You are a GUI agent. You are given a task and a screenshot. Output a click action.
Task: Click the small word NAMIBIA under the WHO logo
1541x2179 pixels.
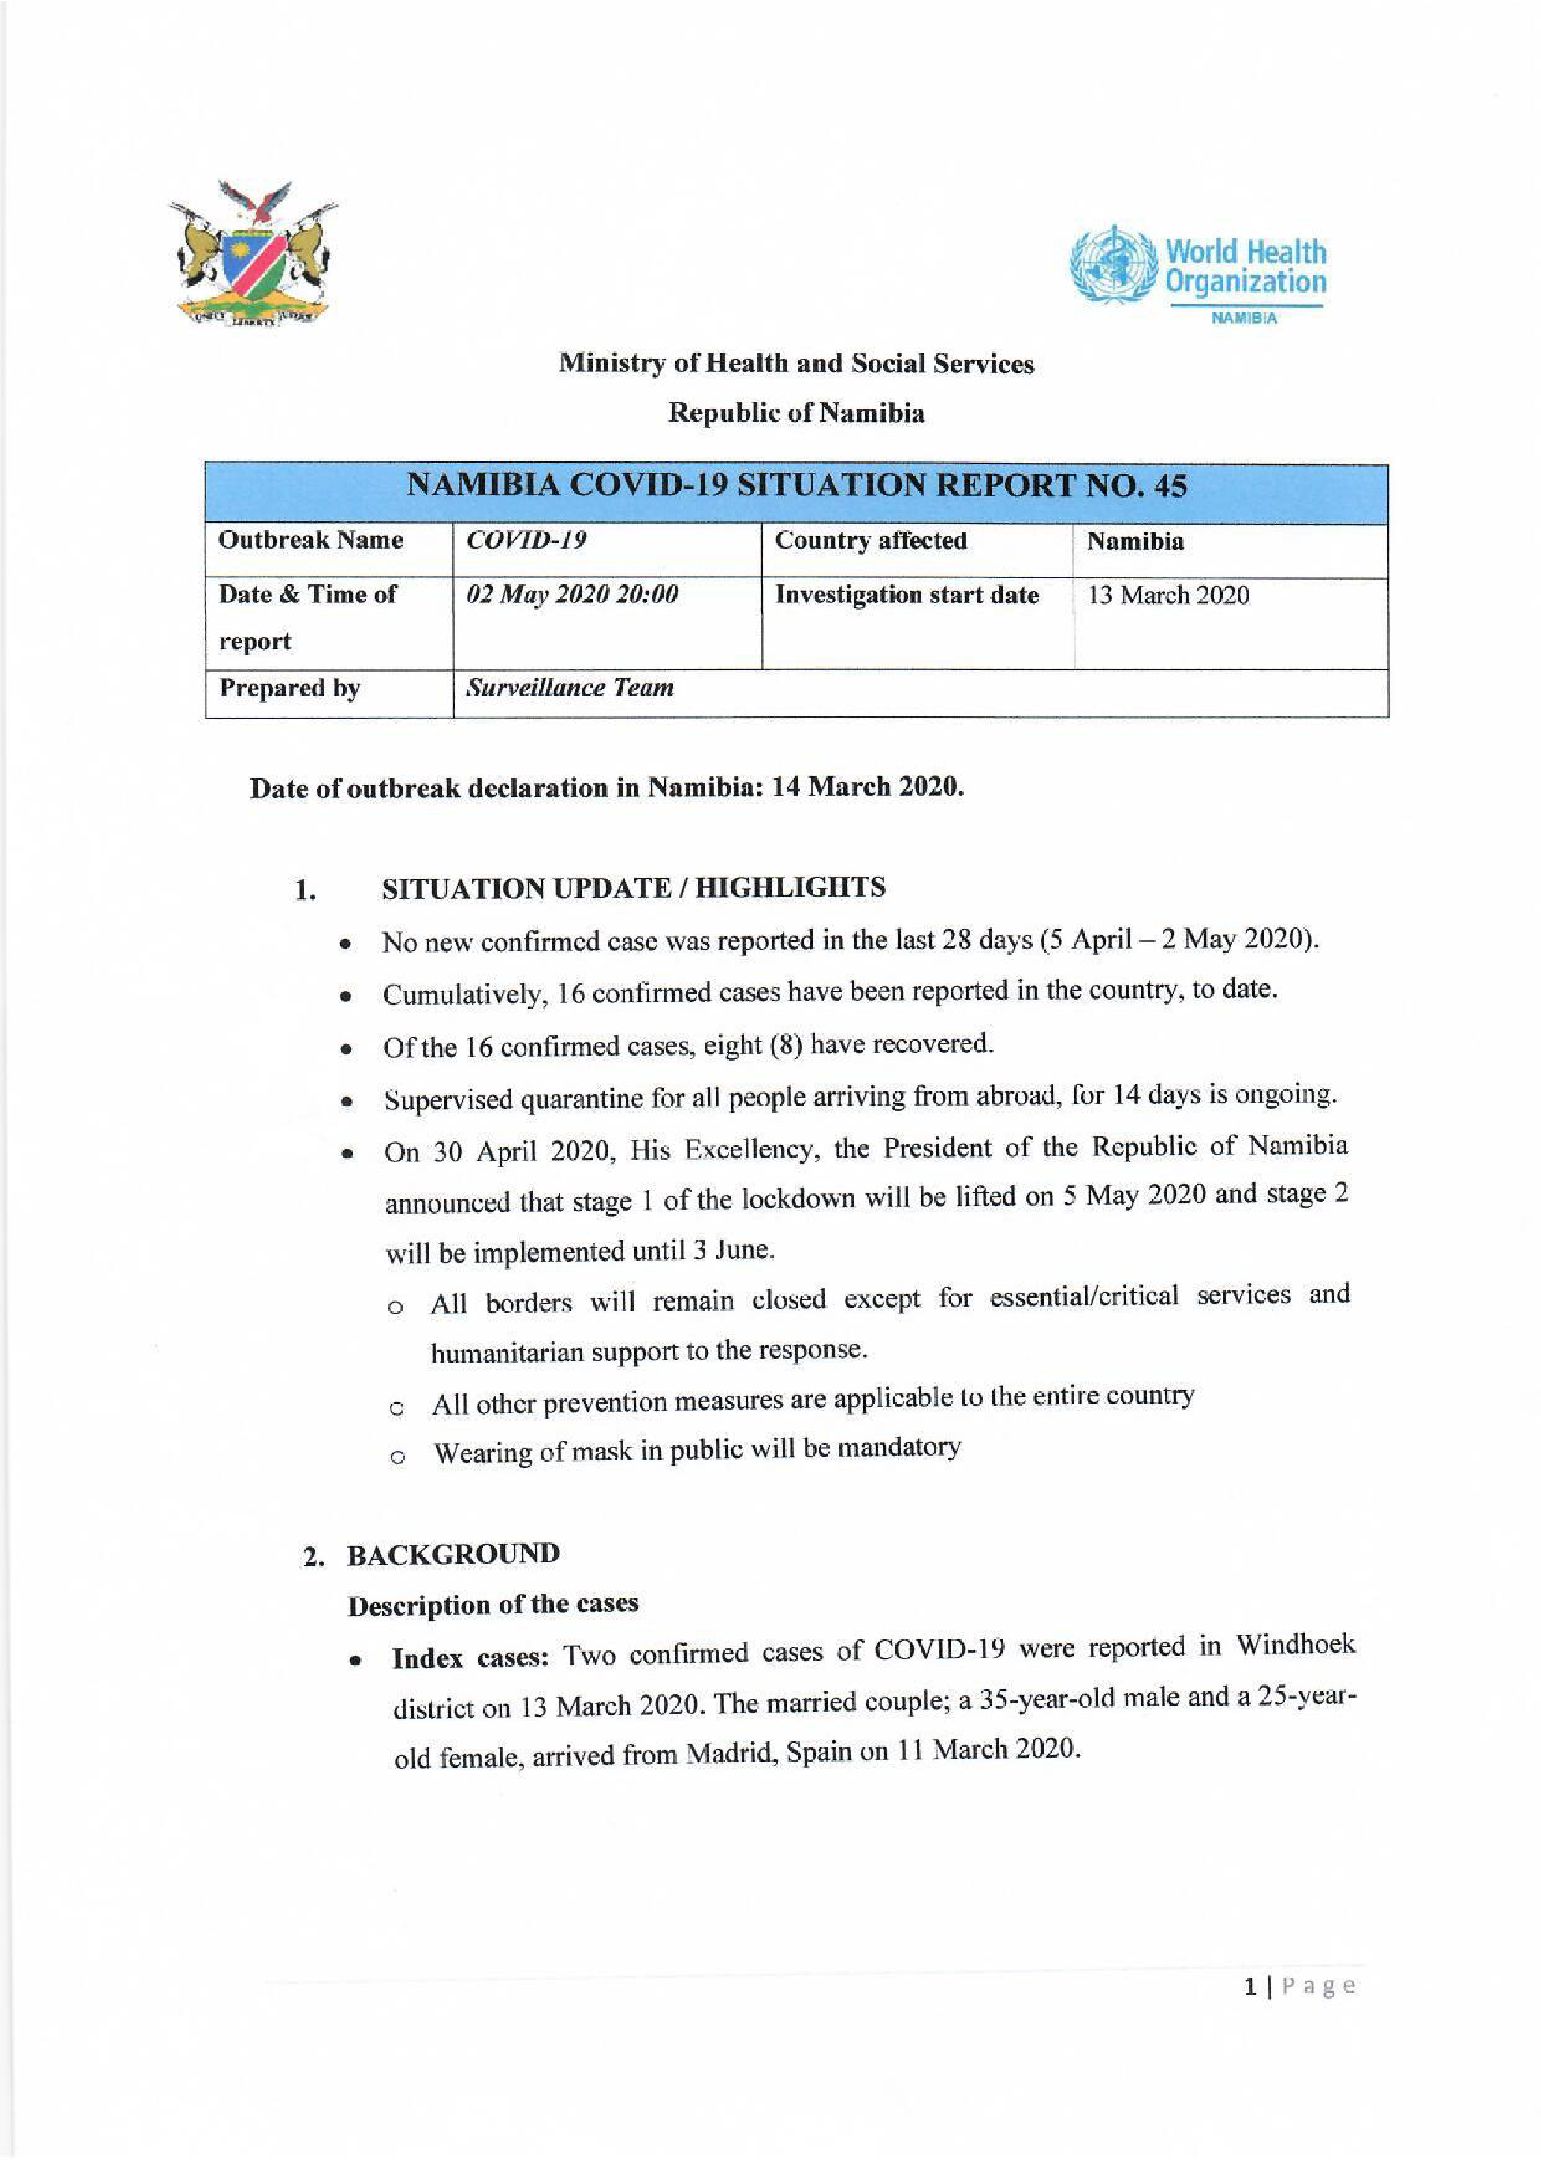(x=1244, y=318)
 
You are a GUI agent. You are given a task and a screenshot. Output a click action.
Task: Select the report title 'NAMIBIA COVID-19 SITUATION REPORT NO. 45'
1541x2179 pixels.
(x=796, y=486)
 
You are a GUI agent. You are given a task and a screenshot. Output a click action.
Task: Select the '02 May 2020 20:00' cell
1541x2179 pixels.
(x=571, y=595)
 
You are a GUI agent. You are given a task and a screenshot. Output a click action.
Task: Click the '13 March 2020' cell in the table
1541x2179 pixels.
(x=1168, y=595)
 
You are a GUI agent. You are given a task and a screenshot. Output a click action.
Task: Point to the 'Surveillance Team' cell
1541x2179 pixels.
(x=570, y=687)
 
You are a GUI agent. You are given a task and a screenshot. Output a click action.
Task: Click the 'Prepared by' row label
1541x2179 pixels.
(x=289, y=688)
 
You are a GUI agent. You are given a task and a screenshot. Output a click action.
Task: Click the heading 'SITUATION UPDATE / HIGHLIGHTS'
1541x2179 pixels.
(x=633, y=889)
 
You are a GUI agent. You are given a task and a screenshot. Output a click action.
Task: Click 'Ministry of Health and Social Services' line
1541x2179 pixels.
(x=796, y=364)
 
